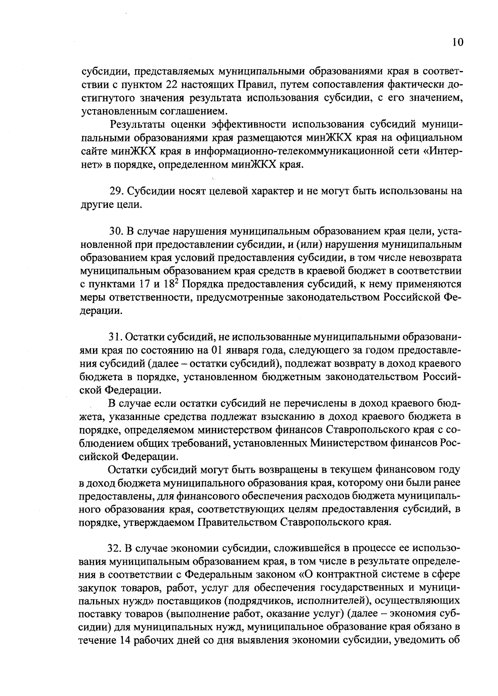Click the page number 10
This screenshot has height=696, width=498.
click(458, 43)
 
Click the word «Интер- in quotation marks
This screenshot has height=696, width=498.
click(444, 151)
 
